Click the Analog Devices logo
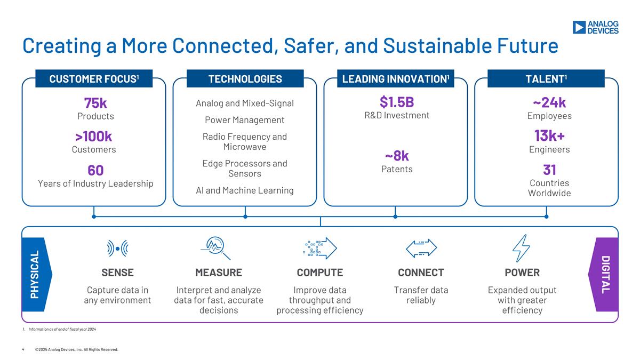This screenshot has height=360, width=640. click(595, 27)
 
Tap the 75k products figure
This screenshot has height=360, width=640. click(95, 103)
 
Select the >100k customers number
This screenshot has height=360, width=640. click(94, 137)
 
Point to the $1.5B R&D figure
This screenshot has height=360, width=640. click(397, 102)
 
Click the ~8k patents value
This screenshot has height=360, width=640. click(397, 156)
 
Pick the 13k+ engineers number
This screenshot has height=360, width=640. click(549, 135)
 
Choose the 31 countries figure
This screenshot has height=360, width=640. click(549, 170)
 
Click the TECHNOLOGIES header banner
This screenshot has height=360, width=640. click(245, 78)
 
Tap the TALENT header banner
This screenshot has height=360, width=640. click(546, 78)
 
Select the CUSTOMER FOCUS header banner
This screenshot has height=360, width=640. click(94, 78)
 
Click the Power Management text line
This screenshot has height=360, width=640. click(245, 120)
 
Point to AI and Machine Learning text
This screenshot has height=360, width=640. click(245, 190)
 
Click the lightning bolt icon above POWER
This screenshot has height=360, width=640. click(522, 249)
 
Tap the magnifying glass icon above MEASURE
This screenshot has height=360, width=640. click(215, 248)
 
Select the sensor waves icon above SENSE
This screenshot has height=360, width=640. click(117, 249)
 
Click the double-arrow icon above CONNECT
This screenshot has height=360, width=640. click(421, 248)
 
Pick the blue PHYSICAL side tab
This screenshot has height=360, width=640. click(37, 274)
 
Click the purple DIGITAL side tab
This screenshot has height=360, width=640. click(603, 274)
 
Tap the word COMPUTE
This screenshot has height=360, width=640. click(319, 273)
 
